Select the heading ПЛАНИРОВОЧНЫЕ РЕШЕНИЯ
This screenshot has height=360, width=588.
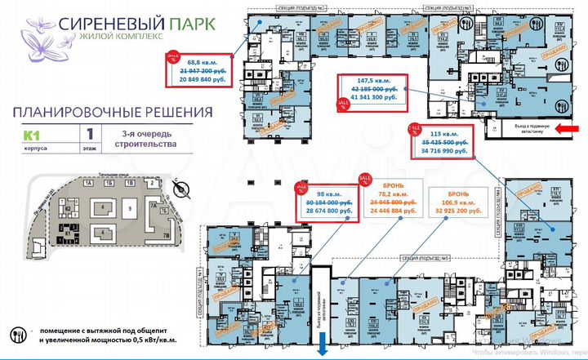[114, 111]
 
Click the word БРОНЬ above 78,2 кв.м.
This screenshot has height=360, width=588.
[389, 184]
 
